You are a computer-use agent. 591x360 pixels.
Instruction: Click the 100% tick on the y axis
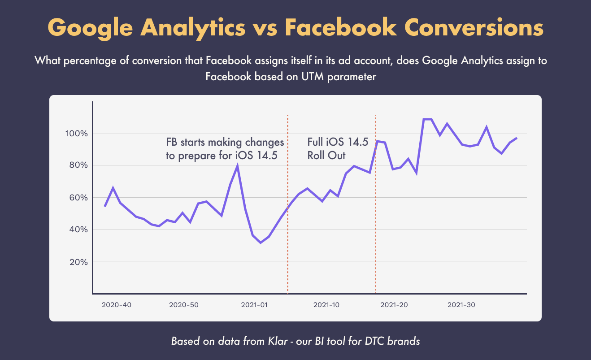point(77,134)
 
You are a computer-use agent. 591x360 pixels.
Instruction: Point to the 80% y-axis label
point(78,165)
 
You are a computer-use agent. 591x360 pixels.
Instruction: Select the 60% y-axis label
point(78,198)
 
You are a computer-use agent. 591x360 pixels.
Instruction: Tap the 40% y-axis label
point(78,230)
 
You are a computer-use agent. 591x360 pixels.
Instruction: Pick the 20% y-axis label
point(78,262)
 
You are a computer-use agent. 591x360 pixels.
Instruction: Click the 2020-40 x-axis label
point(117,305)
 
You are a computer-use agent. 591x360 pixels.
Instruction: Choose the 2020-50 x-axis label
point(184,305)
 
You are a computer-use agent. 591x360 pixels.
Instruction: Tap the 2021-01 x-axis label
point(254,305)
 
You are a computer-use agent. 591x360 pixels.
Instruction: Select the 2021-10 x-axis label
point(326,305)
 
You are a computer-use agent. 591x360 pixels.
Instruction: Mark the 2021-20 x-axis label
point(394,305)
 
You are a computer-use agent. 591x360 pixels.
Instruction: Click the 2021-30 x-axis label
point(461,305)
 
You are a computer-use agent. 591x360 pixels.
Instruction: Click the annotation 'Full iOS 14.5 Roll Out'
point(338,149)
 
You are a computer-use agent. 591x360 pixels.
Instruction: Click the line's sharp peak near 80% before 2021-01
point(237,165)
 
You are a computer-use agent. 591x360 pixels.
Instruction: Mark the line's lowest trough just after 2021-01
point(261,243)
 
